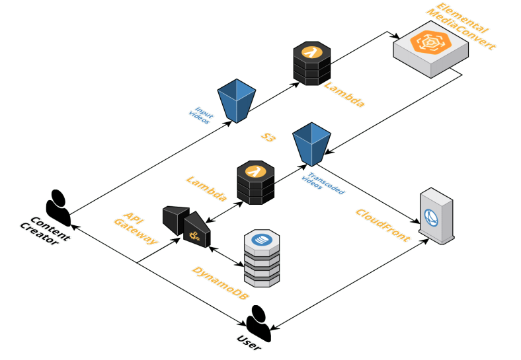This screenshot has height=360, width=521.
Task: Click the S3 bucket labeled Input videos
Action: click(x=236, y=100)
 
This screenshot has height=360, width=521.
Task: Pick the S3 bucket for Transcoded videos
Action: click(x=311, y=143)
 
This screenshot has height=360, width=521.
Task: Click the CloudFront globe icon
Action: click(x=432, y=217)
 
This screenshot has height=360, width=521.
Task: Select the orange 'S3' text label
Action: click(x=268, y=137)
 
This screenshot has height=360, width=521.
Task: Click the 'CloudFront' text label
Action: click(x=382, y=225)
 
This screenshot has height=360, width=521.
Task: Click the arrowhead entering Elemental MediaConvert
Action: click(x=397, y=38)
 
